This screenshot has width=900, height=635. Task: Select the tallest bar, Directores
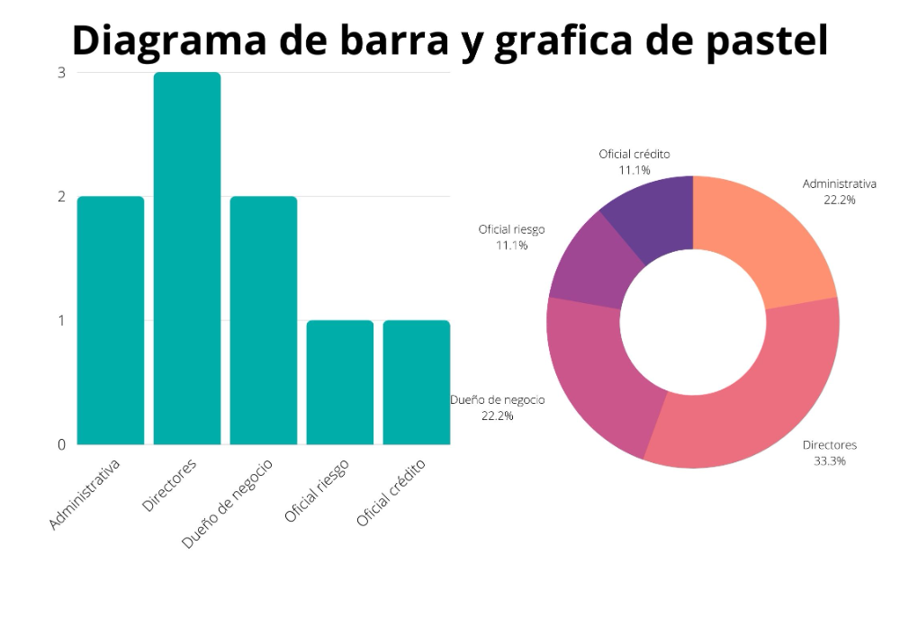coord(187,258)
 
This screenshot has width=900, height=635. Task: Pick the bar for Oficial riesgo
coord(340,381)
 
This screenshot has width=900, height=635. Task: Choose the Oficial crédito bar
coord(416,381)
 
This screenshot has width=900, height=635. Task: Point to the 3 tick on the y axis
coord(61,73)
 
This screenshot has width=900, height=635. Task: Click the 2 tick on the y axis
coord(61,196)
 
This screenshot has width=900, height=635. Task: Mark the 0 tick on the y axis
coord(61,444)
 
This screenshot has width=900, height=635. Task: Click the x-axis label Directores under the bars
coord(170,486)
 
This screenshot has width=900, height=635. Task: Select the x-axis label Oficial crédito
coord(391,493)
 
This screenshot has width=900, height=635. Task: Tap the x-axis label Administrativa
coord(85,495)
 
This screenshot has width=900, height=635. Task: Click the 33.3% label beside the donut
coord(829,461)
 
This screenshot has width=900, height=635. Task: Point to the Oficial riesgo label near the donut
coord(511,229)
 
